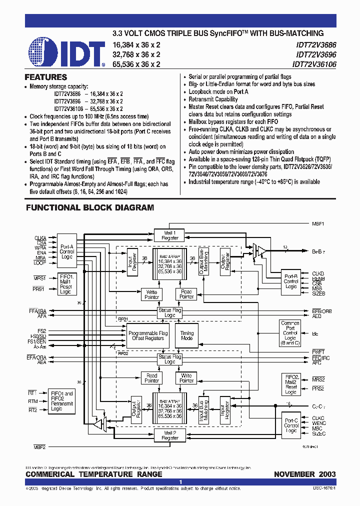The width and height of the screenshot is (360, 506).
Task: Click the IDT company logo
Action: point(66,51)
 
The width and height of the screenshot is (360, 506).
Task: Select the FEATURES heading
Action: point(46,77)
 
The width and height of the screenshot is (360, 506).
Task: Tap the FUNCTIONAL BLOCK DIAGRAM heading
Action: point(90,207)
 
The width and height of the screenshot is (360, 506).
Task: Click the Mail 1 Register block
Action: point(170,235)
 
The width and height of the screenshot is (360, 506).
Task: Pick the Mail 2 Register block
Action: point(170,435)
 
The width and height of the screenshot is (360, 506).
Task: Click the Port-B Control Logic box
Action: point(291,281)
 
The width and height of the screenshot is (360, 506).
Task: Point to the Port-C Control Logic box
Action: point(291,423)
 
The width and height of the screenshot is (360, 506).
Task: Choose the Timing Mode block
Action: point(186,335)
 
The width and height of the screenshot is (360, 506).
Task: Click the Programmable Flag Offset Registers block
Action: point(147,335)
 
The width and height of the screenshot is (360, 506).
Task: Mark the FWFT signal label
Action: point(318,352)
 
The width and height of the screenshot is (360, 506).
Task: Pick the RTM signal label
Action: point(32,401)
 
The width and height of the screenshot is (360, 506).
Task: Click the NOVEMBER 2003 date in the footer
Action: point(304,474)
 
